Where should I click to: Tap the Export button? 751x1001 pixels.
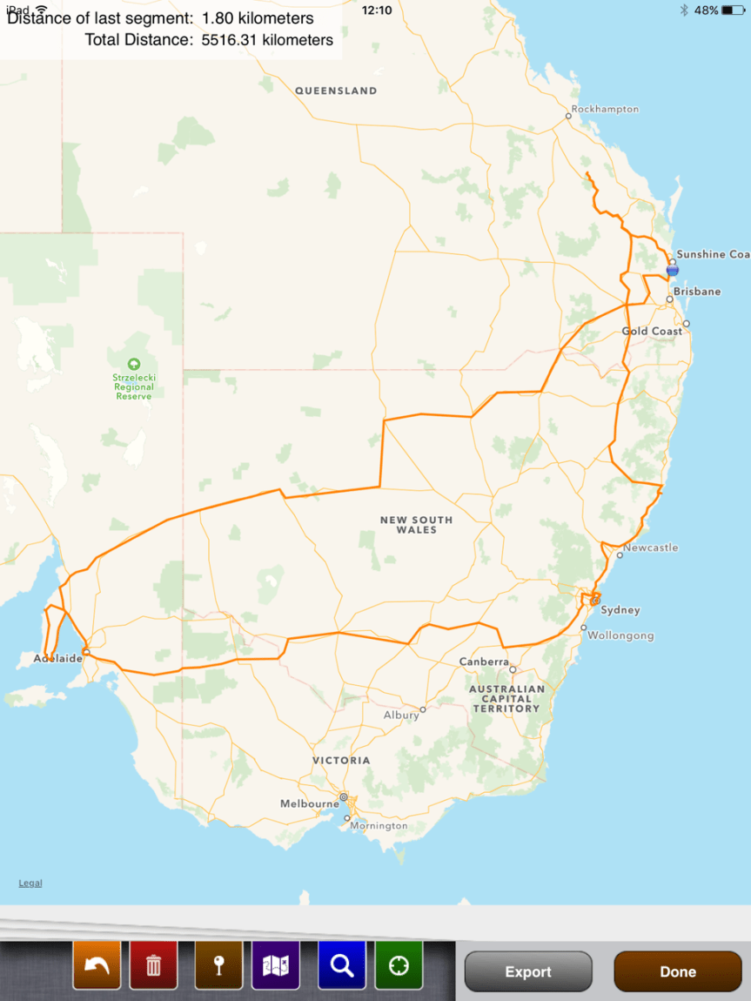coord(528,971)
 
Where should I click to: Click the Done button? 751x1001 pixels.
coord(677,971)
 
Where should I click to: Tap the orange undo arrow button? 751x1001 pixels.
coord(97,965)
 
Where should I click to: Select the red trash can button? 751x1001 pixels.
coord(153,965)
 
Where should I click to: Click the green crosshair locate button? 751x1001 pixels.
coord(399,965)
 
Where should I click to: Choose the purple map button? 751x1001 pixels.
coord(276,965)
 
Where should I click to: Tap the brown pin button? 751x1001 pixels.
coord(218,965)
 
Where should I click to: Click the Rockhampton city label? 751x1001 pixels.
coord(606,110)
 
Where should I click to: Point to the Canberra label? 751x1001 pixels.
coord(484,662)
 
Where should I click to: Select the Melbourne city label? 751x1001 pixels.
coord(310,803)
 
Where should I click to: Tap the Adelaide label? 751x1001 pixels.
coord(57,658)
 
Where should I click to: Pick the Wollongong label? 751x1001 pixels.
coord(620,635)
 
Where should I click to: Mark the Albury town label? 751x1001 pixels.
coord(401,715)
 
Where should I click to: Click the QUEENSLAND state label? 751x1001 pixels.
coord(336,91)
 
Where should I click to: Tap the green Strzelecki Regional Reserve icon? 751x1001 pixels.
coord(133,364)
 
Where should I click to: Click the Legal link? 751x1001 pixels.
coord(30,883)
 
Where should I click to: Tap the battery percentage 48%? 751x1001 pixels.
coord(706,10)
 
